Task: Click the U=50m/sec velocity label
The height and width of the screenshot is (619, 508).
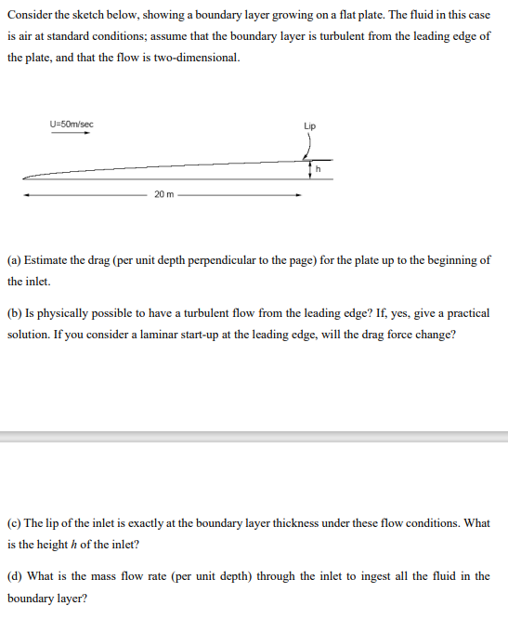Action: [72, 124]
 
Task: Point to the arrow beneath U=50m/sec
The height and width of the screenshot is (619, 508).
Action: [71, 133]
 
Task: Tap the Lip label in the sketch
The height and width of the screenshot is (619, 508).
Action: [309, 125]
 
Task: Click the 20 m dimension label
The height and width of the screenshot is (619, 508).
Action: [163, 194]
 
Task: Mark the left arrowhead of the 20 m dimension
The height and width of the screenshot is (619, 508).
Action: [27, 195]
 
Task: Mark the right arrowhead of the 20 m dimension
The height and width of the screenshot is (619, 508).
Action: [298, 195]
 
